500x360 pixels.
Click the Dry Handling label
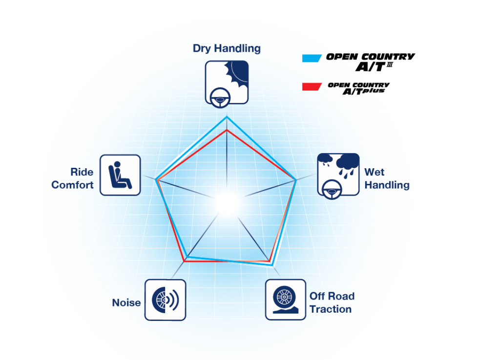[227, 48]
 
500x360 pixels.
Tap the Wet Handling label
[387, 179]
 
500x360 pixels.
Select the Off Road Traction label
[332, 302]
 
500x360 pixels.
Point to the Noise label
[126, 302]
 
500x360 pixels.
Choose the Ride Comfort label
[72, 179]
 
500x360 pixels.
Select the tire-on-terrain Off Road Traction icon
[285, 300]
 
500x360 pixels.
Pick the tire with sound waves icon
[165, 300]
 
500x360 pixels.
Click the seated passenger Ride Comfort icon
[120, 175]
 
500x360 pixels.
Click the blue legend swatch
[312, 58]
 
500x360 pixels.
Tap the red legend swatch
[312, 87]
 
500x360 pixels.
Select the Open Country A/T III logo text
[370, 62]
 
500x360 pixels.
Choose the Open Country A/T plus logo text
[359, 89]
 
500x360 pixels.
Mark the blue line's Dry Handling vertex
[227, 117]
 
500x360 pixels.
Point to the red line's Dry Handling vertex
[227, 130]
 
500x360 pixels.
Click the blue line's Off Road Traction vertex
[271, 264]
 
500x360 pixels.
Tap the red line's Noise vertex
[184, 261]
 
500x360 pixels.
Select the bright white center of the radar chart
[227, 203]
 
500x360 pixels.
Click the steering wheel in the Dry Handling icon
[220, 98]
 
